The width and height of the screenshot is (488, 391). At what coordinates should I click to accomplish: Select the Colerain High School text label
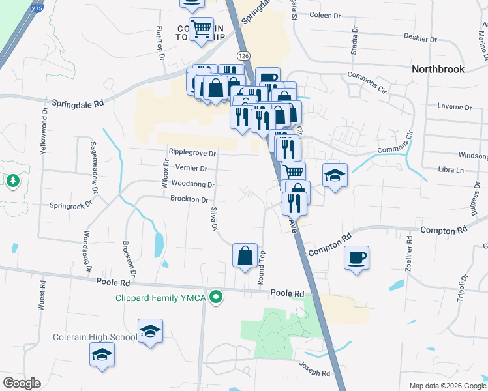coord(95,337)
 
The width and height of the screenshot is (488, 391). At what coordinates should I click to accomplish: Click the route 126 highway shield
coord(243,56)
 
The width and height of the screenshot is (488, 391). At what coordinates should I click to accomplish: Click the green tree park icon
coord(13,179)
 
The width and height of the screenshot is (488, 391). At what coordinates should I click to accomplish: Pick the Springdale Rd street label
coord(78,103)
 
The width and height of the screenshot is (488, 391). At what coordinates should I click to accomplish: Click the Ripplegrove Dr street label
coord(192,152)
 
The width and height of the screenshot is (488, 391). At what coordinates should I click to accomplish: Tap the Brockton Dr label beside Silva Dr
coord(189,199)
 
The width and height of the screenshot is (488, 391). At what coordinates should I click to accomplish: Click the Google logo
coord(22,383)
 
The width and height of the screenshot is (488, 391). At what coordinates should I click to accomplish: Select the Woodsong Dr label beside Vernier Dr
coord(193,184)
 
